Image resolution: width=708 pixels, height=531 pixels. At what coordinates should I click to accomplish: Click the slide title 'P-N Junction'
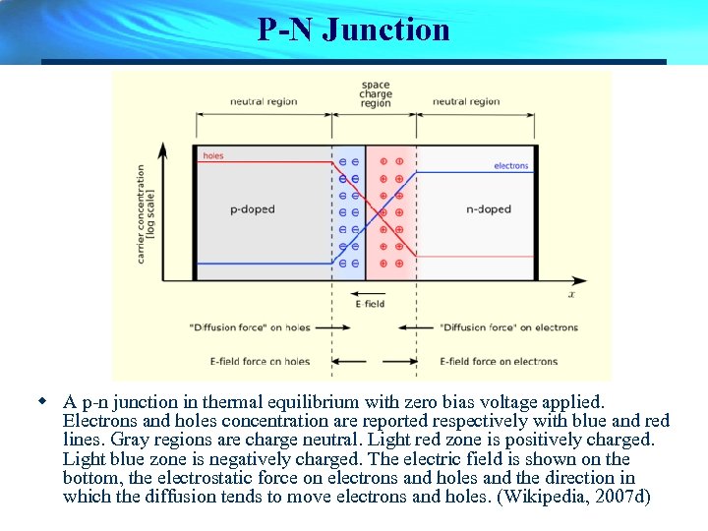pos(354,29)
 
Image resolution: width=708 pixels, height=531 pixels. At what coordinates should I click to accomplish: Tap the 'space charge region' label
pos(376,94)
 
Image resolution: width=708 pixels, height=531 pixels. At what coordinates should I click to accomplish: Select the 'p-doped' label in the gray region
pos(253,209)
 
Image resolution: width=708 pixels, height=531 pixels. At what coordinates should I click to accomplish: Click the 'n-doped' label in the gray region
pos(489,209)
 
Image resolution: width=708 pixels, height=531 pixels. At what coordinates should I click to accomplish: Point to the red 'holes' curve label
pos(213,156)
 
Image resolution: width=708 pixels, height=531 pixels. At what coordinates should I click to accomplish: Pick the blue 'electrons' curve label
pos(511,166)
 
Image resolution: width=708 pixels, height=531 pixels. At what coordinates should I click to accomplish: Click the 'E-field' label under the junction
pos(370,304)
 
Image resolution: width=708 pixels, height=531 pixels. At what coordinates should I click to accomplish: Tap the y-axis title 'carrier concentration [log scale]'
pos(147,212)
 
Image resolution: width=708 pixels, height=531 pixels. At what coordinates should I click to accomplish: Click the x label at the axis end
pos(571,293)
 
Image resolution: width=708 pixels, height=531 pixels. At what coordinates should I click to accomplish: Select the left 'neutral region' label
pos(263,101)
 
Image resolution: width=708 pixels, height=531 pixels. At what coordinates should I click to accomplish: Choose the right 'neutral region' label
pos(466,101)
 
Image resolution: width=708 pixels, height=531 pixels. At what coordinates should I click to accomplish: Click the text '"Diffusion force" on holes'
pos(250,327)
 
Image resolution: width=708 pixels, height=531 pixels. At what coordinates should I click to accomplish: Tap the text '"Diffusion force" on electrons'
pos(508,327)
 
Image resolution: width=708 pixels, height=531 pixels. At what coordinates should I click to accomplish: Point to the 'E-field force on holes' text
pos(261,361)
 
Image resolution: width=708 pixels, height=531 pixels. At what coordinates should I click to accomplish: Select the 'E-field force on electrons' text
pos(499,361)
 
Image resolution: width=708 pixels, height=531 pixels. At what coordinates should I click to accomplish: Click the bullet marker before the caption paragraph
pos(42,401)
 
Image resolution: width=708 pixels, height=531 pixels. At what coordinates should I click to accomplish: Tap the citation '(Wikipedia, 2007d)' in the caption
pos(576,497)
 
